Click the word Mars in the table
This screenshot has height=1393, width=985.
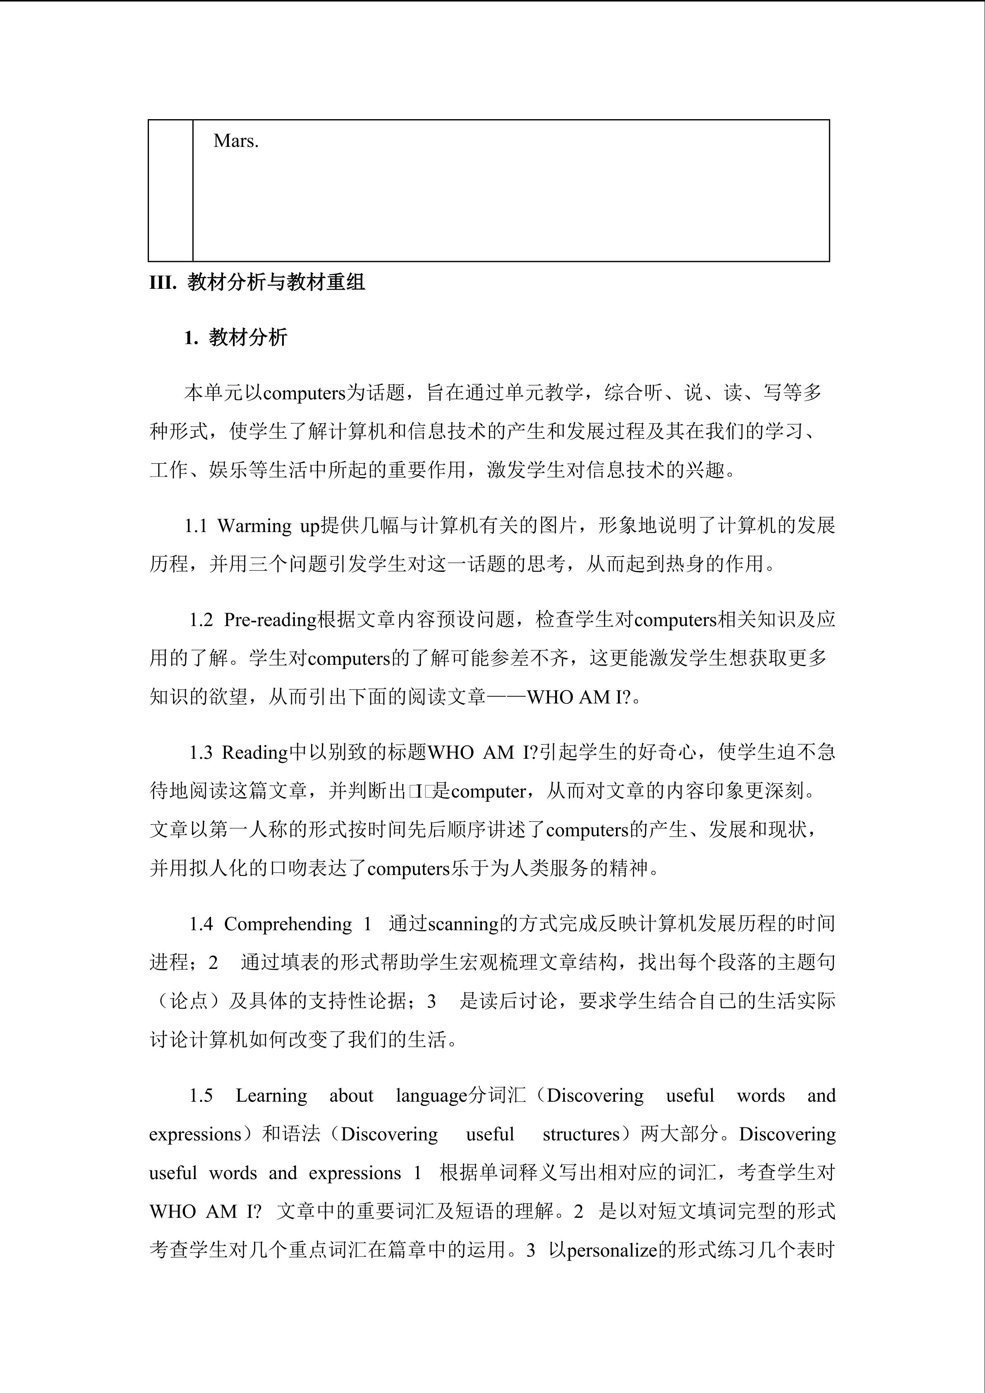236,141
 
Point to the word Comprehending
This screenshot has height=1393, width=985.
288,924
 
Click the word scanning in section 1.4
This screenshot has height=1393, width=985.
463,924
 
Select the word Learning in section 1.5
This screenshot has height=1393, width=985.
271,1096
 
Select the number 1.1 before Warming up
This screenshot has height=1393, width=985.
197,526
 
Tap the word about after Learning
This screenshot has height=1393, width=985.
351,1096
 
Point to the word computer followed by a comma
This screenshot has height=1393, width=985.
489,792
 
